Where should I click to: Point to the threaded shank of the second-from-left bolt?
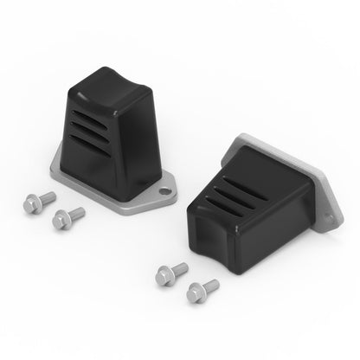(77, 212)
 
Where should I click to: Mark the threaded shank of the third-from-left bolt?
(177, 268)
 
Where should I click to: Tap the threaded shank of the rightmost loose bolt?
(210, 282)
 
